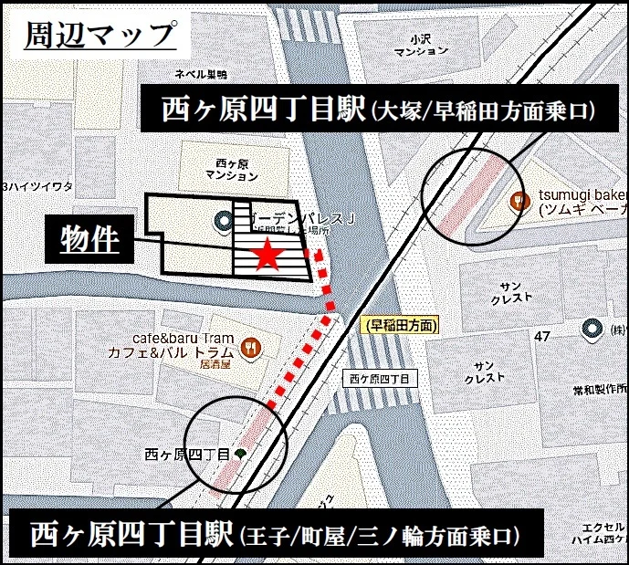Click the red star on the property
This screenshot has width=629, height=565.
point(267,255)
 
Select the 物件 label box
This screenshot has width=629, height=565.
point(90,239)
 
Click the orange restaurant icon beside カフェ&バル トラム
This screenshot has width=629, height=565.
point(251,348)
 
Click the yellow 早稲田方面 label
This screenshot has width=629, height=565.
point(401,324)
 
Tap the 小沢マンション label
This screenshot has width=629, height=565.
point(420,47)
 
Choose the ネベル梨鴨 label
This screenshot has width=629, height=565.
point(201,74)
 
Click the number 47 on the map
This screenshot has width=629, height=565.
point(542,338)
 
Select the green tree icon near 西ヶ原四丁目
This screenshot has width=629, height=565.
point(240,453)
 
